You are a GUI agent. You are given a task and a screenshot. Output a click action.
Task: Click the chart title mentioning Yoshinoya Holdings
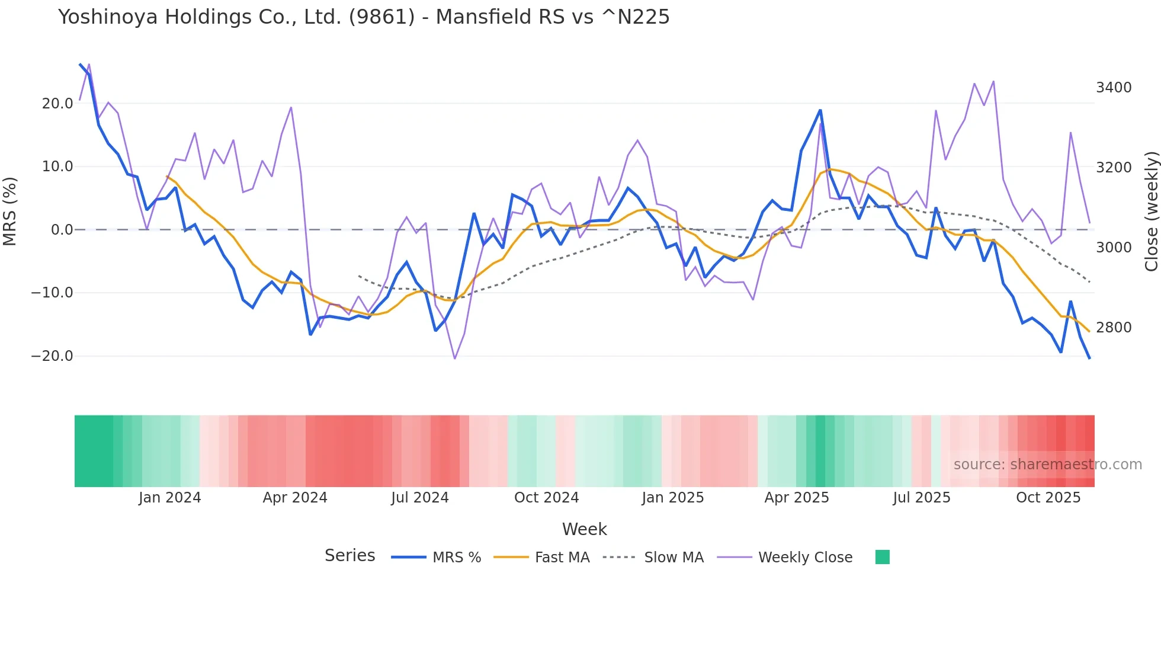[x=364, y=17]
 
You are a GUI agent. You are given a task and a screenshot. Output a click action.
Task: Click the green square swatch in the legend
[x=882, y=557]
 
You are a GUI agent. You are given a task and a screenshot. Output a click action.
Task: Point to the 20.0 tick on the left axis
[x=57, y=104]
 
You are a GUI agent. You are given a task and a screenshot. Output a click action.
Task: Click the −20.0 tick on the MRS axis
[x=52, y=356]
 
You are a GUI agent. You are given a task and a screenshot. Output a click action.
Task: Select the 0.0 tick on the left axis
[x=62, y=230]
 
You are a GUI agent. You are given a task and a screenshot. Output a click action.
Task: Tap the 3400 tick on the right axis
[x=1114, y=88]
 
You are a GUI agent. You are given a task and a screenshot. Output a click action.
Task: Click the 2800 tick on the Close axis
[x=1114, y=328]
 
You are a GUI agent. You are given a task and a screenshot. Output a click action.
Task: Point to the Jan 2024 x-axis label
[x=169, y=498]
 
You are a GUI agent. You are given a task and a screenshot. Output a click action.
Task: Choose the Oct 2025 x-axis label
[x=1048, y=498]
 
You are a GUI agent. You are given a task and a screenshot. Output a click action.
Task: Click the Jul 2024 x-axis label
[x=419, y=498]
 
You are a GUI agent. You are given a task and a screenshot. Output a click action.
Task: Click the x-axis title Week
[x=584, y=529]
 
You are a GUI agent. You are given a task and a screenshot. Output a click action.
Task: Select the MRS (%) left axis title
[x=10, y=211]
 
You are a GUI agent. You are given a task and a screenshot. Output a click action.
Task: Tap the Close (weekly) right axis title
[x=1151, y=212]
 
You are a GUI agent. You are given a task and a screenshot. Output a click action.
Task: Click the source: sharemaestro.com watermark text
[x=1047, y=465]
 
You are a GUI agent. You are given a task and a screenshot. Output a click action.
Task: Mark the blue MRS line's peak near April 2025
[x=820, y=110]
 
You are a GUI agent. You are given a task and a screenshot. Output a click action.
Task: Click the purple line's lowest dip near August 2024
[x=455, y=358]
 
